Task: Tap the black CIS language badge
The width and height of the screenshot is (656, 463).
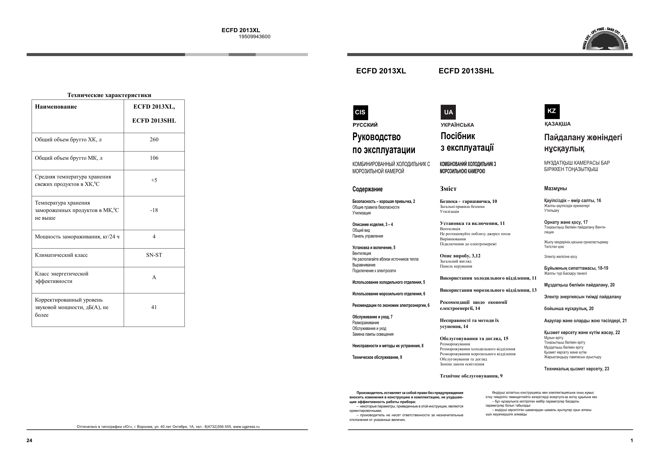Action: (x=360, y=112)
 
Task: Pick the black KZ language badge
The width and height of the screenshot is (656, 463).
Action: (x=552, y=111)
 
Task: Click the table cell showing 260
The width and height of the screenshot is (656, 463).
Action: (x=154, y=140)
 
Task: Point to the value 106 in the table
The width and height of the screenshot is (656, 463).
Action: (x=154, y=158)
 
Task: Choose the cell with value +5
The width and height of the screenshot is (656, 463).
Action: (x=154, y=180)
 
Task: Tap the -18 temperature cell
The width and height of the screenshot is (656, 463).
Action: (x=154, y=210)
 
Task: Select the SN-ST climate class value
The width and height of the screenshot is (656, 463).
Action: (x=154, y=255)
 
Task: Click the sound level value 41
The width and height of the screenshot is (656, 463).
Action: (x=154, y=308)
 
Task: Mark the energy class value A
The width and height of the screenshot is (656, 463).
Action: (x=154, y=277)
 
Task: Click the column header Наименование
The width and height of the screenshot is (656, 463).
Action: (x=56, y=107)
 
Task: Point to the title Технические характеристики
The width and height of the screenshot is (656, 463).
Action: (x=109, y=95)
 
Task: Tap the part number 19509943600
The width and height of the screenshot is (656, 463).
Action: (x=254, y=37)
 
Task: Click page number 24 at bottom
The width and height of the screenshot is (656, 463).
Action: (x=29, y=440)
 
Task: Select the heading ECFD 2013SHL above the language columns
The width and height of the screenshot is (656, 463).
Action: (x=466, y=71)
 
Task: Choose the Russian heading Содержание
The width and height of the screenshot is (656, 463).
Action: (x=367, y=189)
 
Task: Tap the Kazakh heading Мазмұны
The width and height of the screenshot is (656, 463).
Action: (x=555, y=189)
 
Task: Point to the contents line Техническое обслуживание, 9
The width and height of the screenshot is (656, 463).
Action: (x=377, y=357)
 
